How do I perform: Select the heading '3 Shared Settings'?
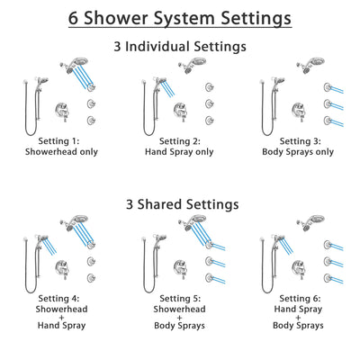click(x=180, y=204)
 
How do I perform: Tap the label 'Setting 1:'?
click(x=55, y=141)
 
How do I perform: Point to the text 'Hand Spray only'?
click(x=180, y=152)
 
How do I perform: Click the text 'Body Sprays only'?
click(x=304, y=152)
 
